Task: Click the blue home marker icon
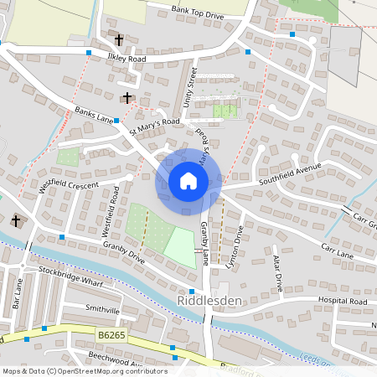coord(188,181)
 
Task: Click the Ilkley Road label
coord(126,59)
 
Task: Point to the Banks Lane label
coord(93,115)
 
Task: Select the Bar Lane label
coord(19,293)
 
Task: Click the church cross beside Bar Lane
coord(15,221)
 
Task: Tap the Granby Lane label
coord(205,242)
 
